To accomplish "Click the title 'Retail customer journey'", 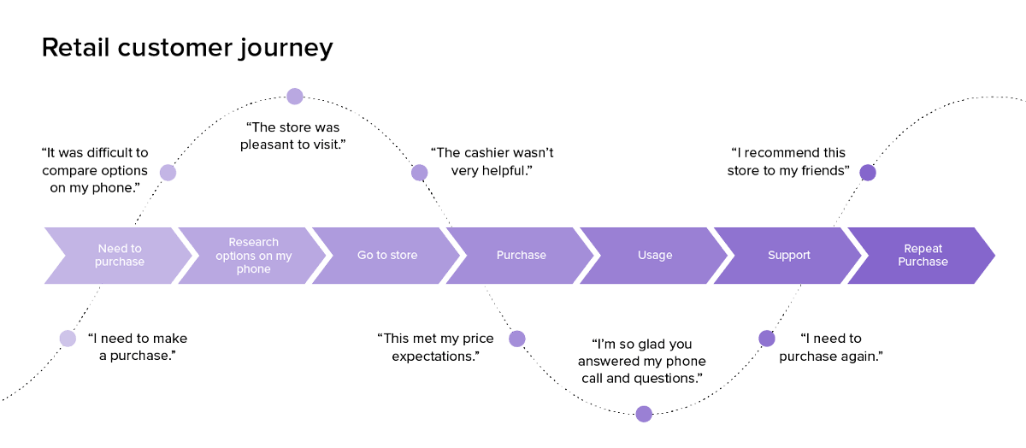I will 186,48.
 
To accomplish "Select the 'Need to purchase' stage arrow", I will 119,255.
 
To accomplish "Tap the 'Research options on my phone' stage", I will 253,255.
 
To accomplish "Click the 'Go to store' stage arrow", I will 386,255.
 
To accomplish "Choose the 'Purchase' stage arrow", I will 521,255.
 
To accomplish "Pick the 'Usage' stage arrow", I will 655,255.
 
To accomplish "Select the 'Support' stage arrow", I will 788,255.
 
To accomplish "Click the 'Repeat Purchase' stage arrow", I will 923,255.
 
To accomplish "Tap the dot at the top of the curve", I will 295,96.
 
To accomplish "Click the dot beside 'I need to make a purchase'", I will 68,339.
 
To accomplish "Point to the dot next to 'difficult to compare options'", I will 168,173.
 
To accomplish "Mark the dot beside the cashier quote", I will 419,173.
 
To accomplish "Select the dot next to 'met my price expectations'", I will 517,339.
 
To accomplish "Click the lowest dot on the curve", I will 644,414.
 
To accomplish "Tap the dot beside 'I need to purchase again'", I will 767,339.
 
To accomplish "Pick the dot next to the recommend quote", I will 867,173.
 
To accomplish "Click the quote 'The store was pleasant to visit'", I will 295,136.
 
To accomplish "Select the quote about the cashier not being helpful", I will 492,162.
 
